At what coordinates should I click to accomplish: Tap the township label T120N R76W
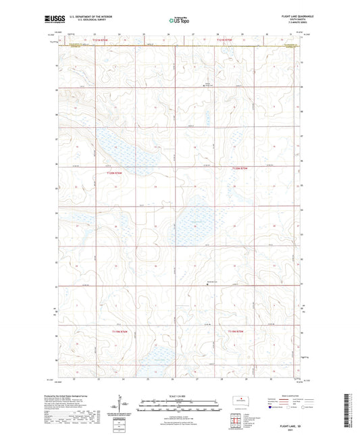point(115,174)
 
